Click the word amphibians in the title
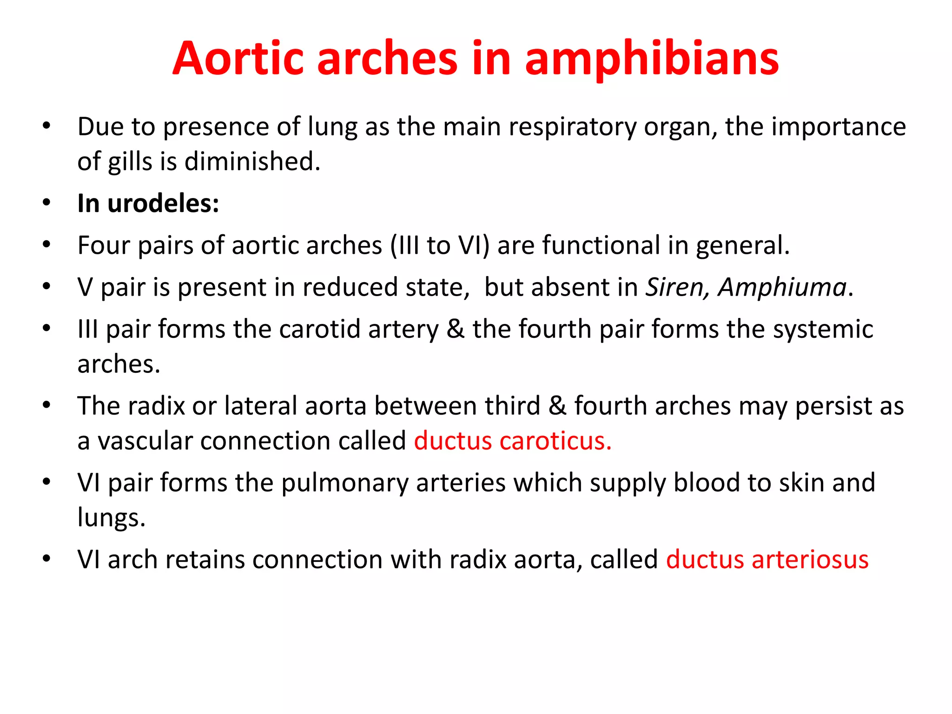tap(651, 59)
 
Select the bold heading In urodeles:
tap(148, 204)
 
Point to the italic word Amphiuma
tap(782, 287)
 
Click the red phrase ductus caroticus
tap(512, 441)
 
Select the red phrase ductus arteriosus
tap(767, 559)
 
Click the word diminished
tap(252, 162)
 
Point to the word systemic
tap(823, 329)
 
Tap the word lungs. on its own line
tap(111, 517)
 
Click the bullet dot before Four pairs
tap(46, 245)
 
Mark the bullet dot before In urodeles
tap(46, 203)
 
